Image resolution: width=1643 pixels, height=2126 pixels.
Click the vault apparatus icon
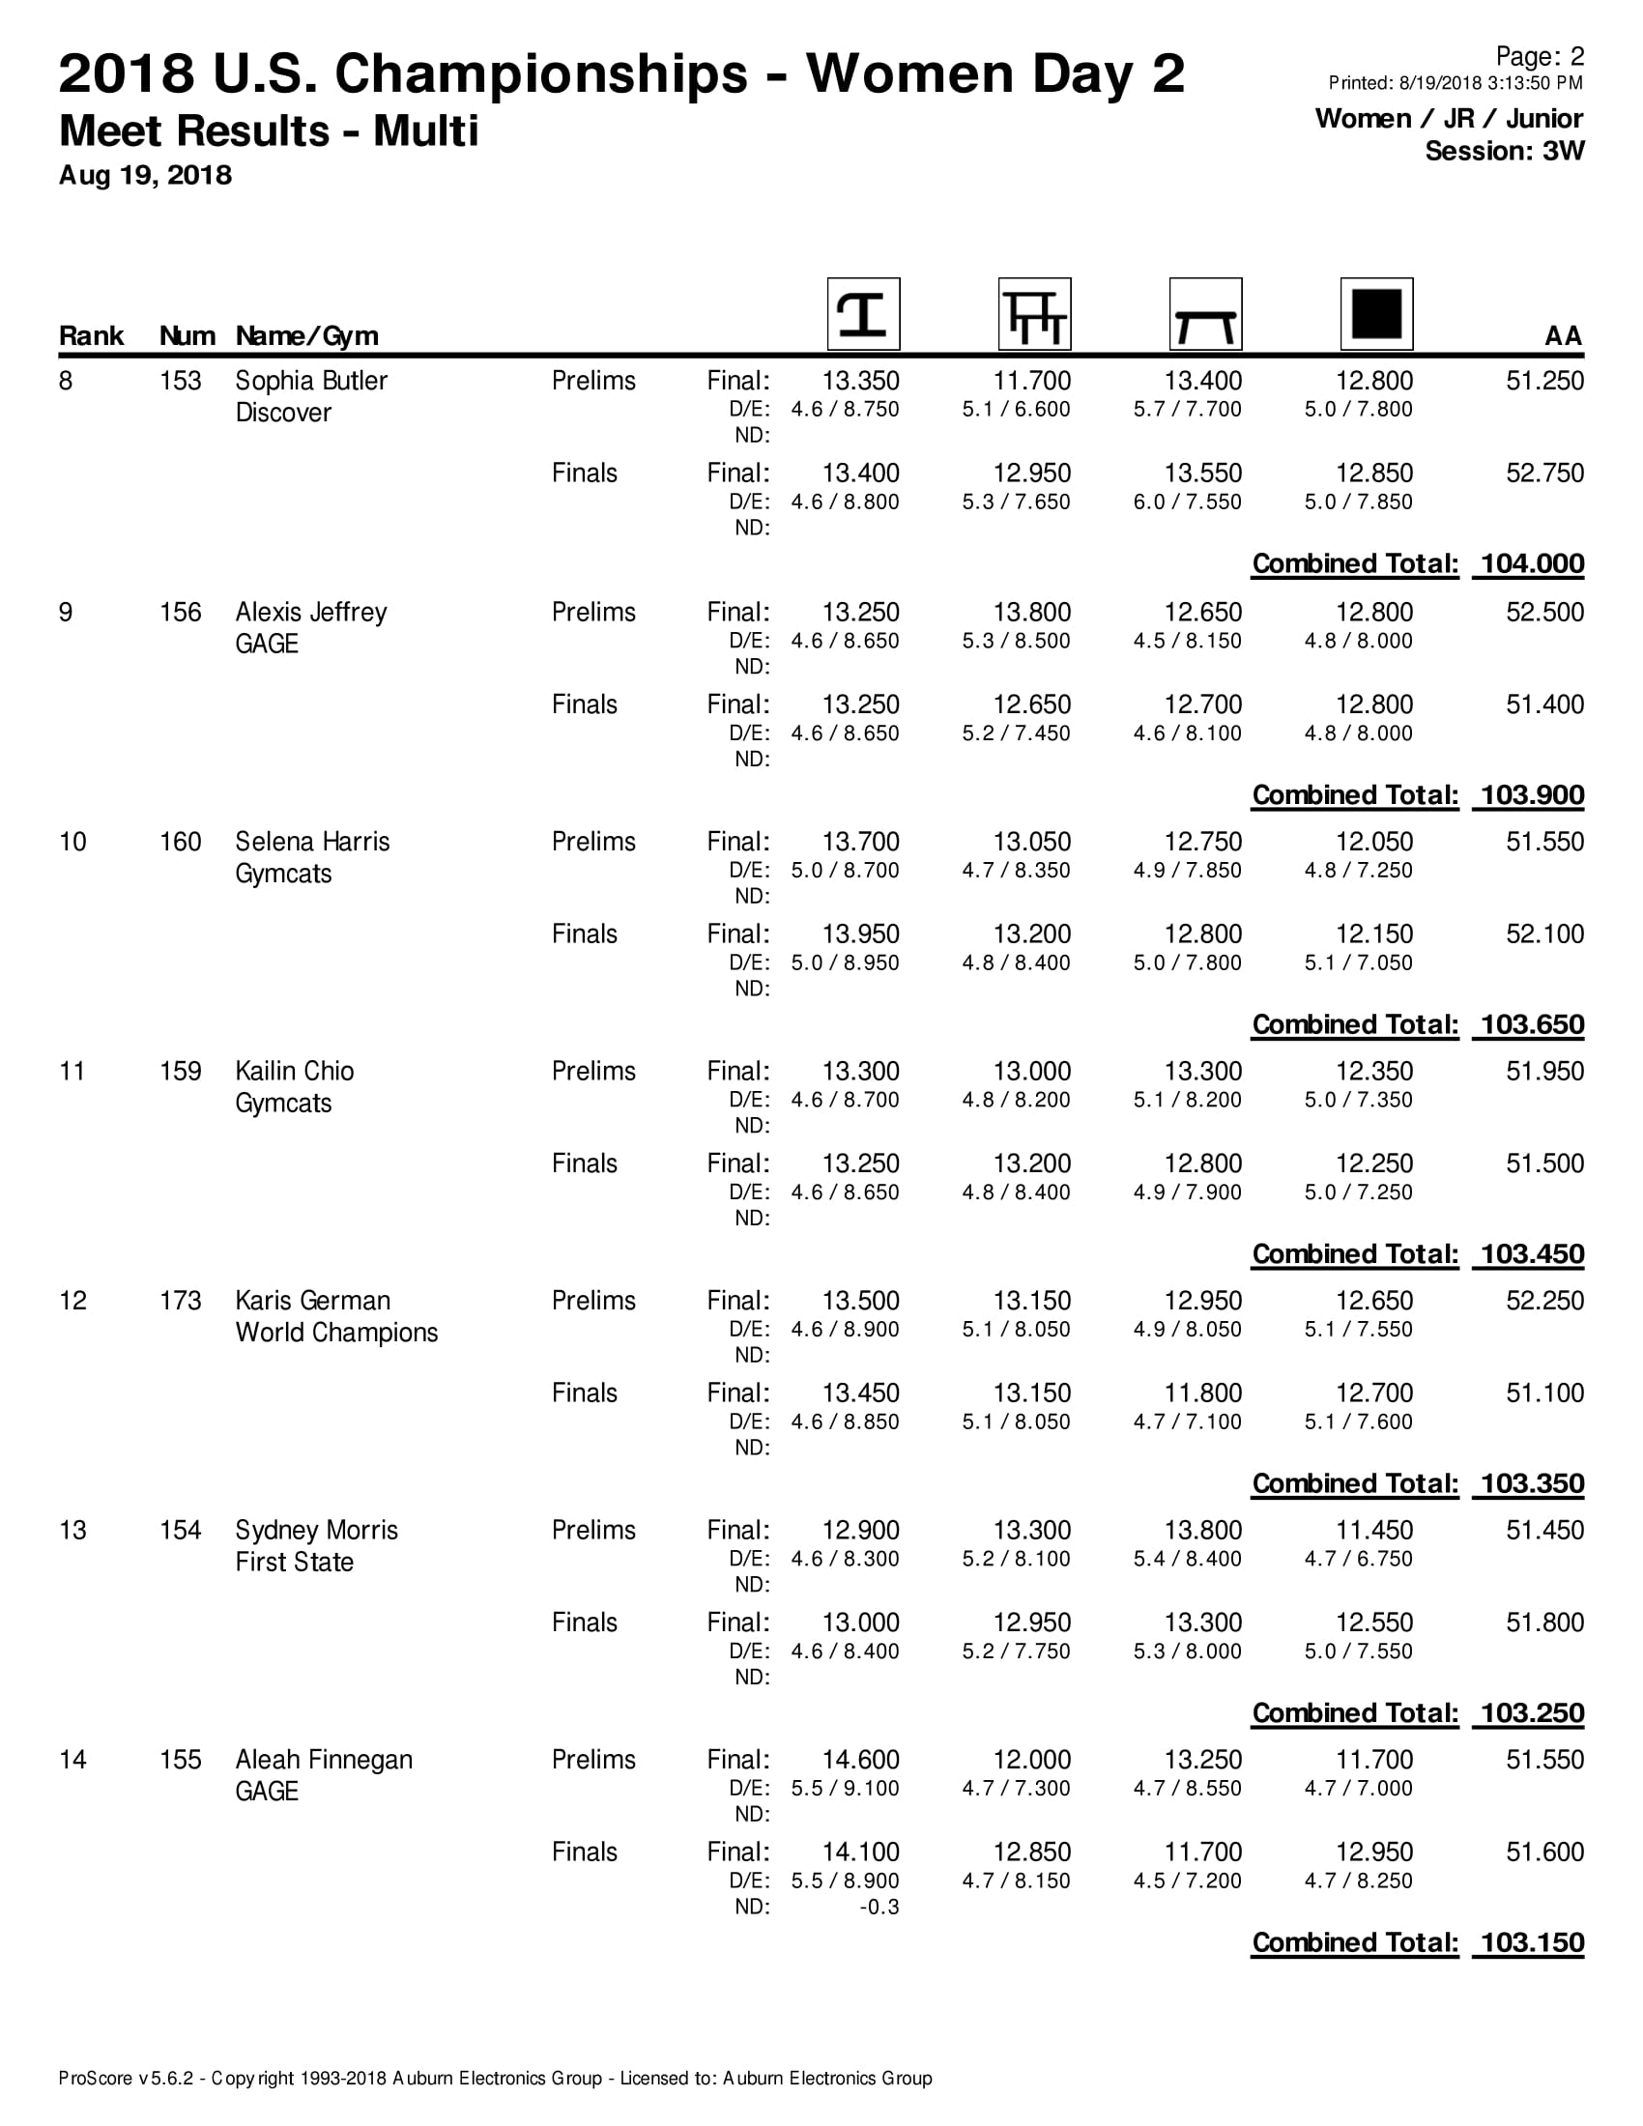tap(862, 313)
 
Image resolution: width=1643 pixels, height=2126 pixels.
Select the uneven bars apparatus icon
tap(1034, 313)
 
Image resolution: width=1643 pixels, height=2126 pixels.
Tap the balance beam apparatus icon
tap(1205, 313)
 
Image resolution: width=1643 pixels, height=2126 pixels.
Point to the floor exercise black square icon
tap(1376, 313)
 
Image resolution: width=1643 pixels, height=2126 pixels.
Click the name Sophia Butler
tap(310, 381)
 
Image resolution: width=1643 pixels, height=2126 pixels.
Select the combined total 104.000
tap(1531, 563)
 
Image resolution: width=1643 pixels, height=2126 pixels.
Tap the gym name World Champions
tap(335, 1332)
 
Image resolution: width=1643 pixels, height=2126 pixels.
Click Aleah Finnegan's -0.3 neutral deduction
tap(879, 1906)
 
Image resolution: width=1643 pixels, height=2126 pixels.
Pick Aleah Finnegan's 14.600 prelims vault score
tap(860, 1759)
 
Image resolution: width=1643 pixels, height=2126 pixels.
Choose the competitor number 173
tap(180, 1301)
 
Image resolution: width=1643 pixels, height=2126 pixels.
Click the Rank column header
tap(91, 336)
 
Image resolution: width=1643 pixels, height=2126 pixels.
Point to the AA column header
tap(1563, 336)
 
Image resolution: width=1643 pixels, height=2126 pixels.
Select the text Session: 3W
tap(1504, 151)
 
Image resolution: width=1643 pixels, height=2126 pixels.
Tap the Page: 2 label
tap(1539, 56)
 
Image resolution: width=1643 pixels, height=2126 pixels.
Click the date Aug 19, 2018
tap(145, 175)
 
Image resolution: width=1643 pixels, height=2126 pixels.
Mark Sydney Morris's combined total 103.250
tap(1531, 1712)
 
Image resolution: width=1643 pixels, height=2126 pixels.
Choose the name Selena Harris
tap(311, 842)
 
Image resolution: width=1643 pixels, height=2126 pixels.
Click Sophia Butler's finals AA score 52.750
tap(1544, 474)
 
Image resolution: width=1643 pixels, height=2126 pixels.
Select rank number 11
tap(72, 1071)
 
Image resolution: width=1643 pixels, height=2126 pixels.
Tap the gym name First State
tap(294, 1562)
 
